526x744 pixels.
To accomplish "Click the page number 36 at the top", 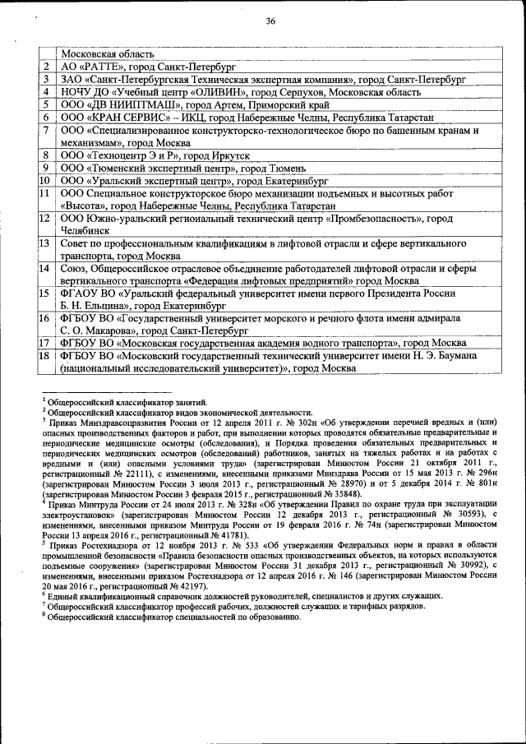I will pos(270,22).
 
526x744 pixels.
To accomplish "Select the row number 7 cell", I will pos(46,130).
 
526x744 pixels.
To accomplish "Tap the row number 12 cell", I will pos(46,219).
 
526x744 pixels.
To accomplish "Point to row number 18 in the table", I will pos(46,356).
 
